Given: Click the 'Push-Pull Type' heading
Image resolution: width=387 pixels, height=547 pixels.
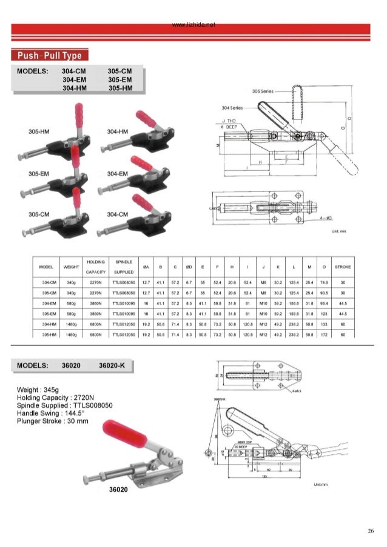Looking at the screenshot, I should click(53, 56).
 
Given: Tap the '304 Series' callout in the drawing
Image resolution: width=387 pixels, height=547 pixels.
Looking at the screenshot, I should click(233, 107).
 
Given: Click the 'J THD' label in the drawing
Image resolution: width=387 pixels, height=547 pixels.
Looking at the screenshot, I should click(229, 122).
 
